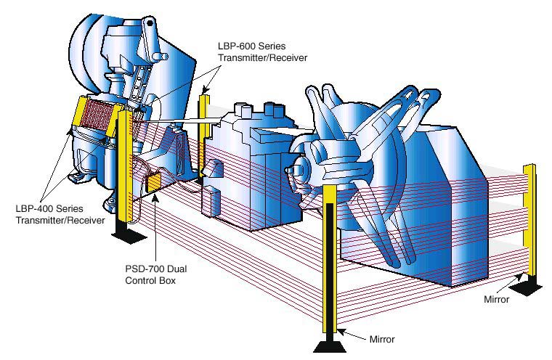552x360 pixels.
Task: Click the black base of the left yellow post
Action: pyautogui.click(x=126, y=232)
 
